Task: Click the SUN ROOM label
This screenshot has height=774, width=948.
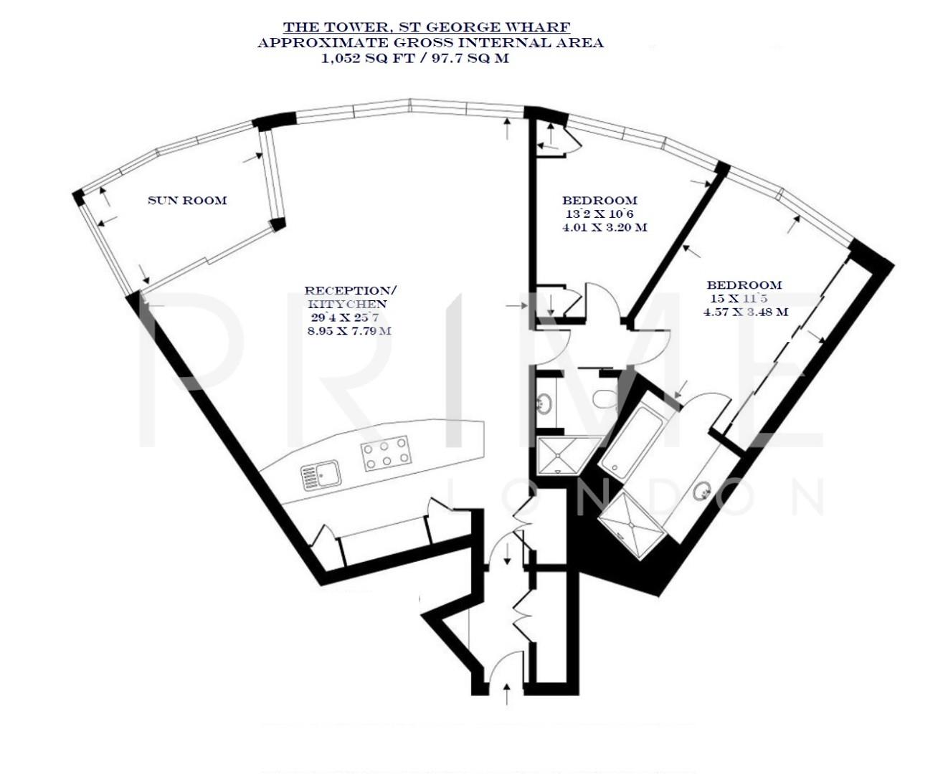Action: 187,201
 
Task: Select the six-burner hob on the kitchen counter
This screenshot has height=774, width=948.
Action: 386,453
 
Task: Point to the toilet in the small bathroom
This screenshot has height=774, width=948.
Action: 606,397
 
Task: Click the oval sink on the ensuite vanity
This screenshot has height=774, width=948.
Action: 702,491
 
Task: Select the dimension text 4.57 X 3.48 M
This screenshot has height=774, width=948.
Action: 746,312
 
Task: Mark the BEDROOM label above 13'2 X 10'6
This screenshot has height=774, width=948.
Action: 599,201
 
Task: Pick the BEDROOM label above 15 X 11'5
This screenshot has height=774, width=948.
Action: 744,285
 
